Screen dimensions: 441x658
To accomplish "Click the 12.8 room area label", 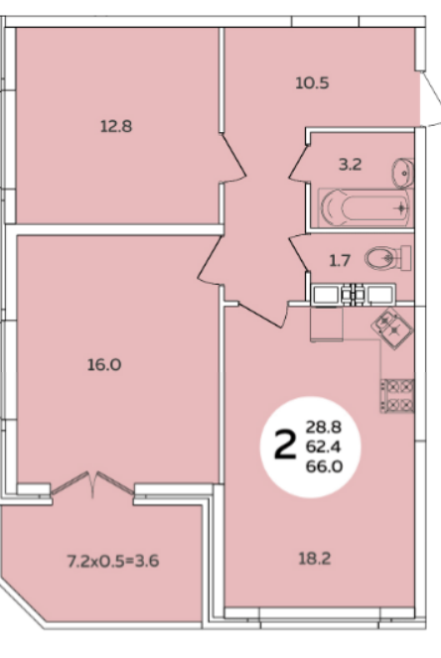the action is [x=116, y=126].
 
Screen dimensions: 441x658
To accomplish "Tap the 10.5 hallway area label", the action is [x=312, y=83].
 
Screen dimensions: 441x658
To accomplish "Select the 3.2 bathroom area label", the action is [x=350, y=165].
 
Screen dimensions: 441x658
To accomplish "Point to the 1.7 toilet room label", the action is [x=340, y=261].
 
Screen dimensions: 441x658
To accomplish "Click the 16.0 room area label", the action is [x=104, y=364].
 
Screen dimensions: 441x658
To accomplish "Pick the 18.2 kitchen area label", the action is [x=314, y=559].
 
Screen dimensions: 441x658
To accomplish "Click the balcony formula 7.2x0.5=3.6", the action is [x=113, y=561].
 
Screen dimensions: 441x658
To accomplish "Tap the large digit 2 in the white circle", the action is [x=285, y=446].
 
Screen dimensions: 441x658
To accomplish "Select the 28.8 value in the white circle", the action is [x=324, y=427].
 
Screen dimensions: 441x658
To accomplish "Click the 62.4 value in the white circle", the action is [x=324, y=447].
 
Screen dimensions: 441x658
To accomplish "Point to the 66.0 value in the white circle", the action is [x=324, y=466].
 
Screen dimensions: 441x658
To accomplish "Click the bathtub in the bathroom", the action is [x=364, y=207].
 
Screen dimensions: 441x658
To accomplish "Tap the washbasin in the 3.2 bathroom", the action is [x=403, y=173].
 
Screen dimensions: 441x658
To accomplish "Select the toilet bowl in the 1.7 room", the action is [x=387, y=258].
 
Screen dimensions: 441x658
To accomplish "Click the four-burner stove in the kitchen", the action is [x=397, y=396].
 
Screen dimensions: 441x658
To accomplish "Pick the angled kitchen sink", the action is [x=392, y=329].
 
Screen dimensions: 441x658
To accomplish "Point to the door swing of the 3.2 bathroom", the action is [x=299, y=163].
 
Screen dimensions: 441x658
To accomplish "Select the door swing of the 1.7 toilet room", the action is [x=299, y=253].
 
